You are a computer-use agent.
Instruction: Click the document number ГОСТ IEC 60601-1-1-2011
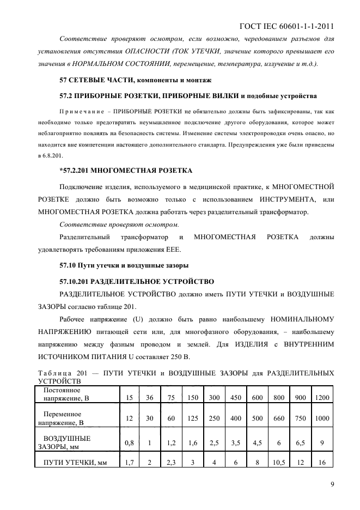click(286, 26)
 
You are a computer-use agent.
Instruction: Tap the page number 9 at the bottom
click(332, 483)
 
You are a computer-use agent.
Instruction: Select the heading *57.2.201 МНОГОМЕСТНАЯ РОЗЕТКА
click(126, 171)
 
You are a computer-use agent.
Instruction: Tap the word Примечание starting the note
click(81, 111)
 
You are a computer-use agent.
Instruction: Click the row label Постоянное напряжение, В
click(63, 394)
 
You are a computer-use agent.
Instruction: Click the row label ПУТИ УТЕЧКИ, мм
click(69, 463)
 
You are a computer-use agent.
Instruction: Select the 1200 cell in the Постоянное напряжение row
click(322, 398)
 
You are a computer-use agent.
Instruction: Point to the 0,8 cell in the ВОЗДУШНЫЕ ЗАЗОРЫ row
click(129, 443)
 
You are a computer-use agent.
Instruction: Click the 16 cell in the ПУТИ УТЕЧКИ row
click(322, 463)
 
